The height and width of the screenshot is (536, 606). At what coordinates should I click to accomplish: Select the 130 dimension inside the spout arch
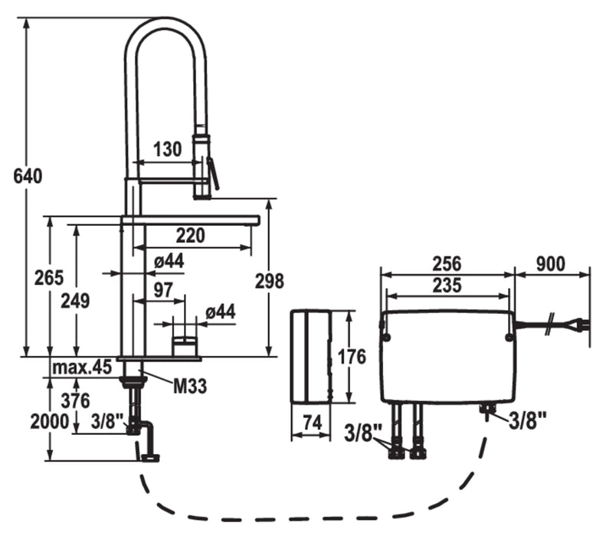pos(168,149)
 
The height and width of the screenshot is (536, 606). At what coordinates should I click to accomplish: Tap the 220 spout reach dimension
pos(191,236)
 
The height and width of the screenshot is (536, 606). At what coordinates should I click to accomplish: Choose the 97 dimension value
pos(163,289)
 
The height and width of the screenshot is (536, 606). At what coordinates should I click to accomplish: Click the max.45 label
pos(82,368)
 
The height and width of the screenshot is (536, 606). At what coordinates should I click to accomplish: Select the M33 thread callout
pos(190,386)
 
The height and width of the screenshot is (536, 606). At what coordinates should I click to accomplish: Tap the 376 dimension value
pos(75,400)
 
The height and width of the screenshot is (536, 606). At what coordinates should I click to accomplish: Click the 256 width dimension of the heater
pos(447,264)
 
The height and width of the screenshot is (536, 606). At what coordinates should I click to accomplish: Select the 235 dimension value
pos(447,286)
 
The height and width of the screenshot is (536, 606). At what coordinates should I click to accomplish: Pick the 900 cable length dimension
pos(550,264)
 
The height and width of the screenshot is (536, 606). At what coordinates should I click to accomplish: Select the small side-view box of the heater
pos(310,355)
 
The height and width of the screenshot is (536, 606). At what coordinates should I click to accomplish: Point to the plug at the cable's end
pos(585,325)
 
